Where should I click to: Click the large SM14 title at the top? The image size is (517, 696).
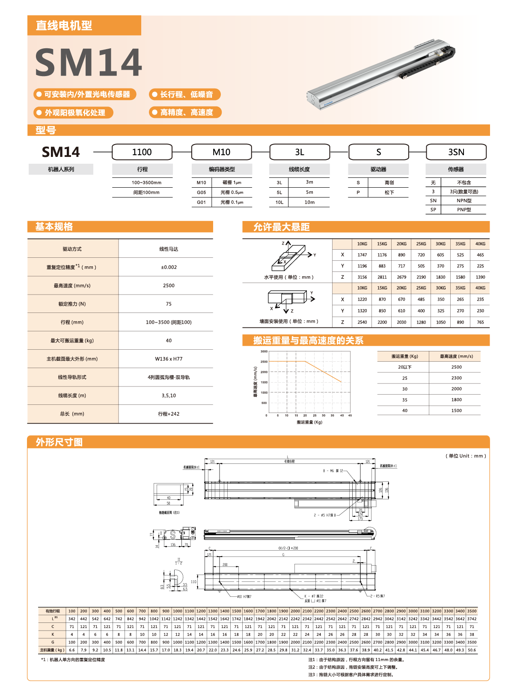click(x=88, y=62)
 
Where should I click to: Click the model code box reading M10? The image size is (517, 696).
click(x=221, y=152)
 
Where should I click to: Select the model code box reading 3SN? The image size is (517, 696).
click(x=456, y=152)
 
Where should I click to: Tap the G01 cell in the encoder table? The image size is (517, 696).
click(x=202, y=202)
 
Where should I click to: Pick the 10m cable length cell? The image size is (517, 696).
click(x=309, y=202)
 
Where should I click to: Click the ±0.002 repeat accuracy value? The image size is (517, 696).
click(x=169, y=267)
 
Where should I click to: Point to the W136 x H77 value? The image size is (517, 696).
click(x=169, y=359)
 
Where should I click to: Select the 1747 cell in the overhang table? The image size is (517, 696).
click(x=362, y=255)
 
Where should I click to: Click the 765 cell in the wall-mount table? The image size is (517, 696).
click(x=480, y=322)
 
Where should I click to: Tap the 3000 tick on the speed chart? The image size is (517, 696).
click(x=264, y=351)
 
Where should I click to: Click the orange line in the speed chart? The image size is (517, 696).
click(x=324, y=372)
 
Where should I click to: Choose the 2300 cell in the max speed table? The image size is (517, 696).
click(x=456, y=378)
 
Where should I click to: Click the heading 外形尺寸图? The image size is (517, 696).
click(x=59, y=442)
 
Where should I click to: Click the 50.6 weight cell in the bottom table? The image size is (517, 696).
click(x=472, y=650)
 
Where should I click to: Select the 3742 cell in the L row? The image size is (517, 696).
click(x=472, y=619)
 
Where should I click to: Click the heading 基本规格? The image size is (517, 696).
click(x=54, y=227)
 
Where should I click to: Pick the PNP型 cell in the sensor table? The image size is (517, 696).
click(x=464, y=209)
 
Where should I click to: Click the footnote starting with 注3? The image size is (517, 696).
click(x=351, y=675)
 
